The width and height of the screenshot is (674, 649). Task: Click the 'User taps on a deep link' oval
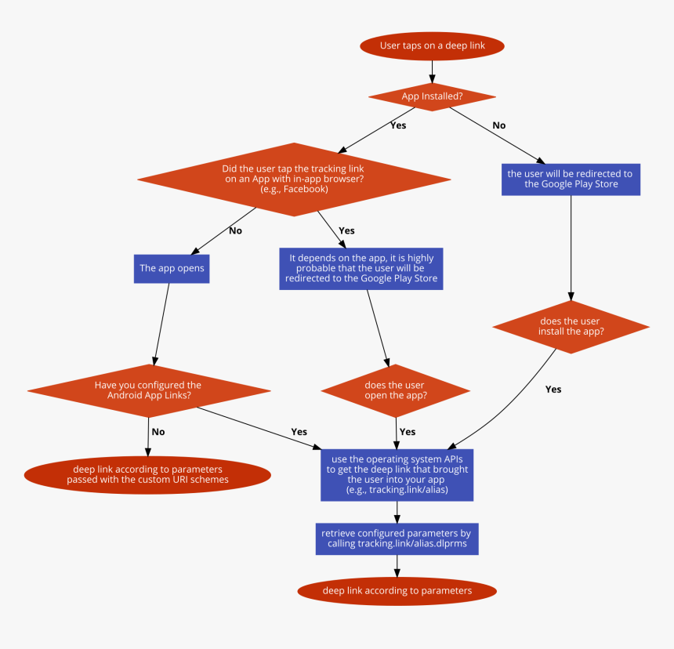[x=432, y=46]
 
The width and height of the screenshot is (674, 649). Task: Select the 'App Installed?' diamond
[x=432, y=96]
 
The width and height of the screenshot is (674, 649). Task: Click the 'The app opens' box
[x=172, y=268]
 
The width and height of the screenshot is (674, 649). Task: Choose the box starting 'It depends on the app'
[x=361, y=268]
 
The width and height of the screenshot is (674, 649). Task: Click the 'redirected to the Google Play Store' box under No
[x=571, y=179]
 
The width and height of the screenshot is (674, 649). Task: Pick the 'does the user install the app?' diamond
[x=571, y=326]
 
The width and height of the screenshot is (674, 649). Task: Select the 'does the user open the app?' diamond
[x=396, y=390]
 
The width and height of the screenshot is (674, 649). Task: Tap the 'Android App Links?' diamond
[x=149, y=390]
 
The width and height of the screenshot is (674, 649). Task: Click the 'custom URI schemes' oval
[x=148, y=474]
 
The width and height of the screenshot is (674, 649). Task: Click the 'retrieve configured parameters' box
[x=397, y=538]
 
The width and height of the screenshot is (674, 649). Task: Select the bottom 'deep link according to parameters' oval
[x=397, y=591]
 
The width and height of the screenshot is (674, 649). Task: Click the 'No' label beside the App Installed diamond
[x=498, y=125]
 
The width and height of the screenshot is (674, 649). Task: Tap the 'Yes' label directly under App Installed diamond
[x=398, y=125]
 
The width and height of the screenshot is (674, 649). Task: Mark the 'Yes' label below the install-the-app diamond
[x=553, y=390]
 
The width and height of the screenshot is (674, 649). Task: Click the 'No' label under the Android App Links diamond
[x=158, y=432]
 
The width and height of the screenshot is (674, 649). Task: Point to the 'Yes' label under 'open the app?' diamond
[x=408, y=432]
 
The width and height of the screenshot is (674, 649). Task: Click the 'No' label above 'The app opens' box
[x=235, y=231]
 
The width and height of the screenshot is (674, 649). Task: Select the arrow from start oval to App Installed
[x=432, y=71]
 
